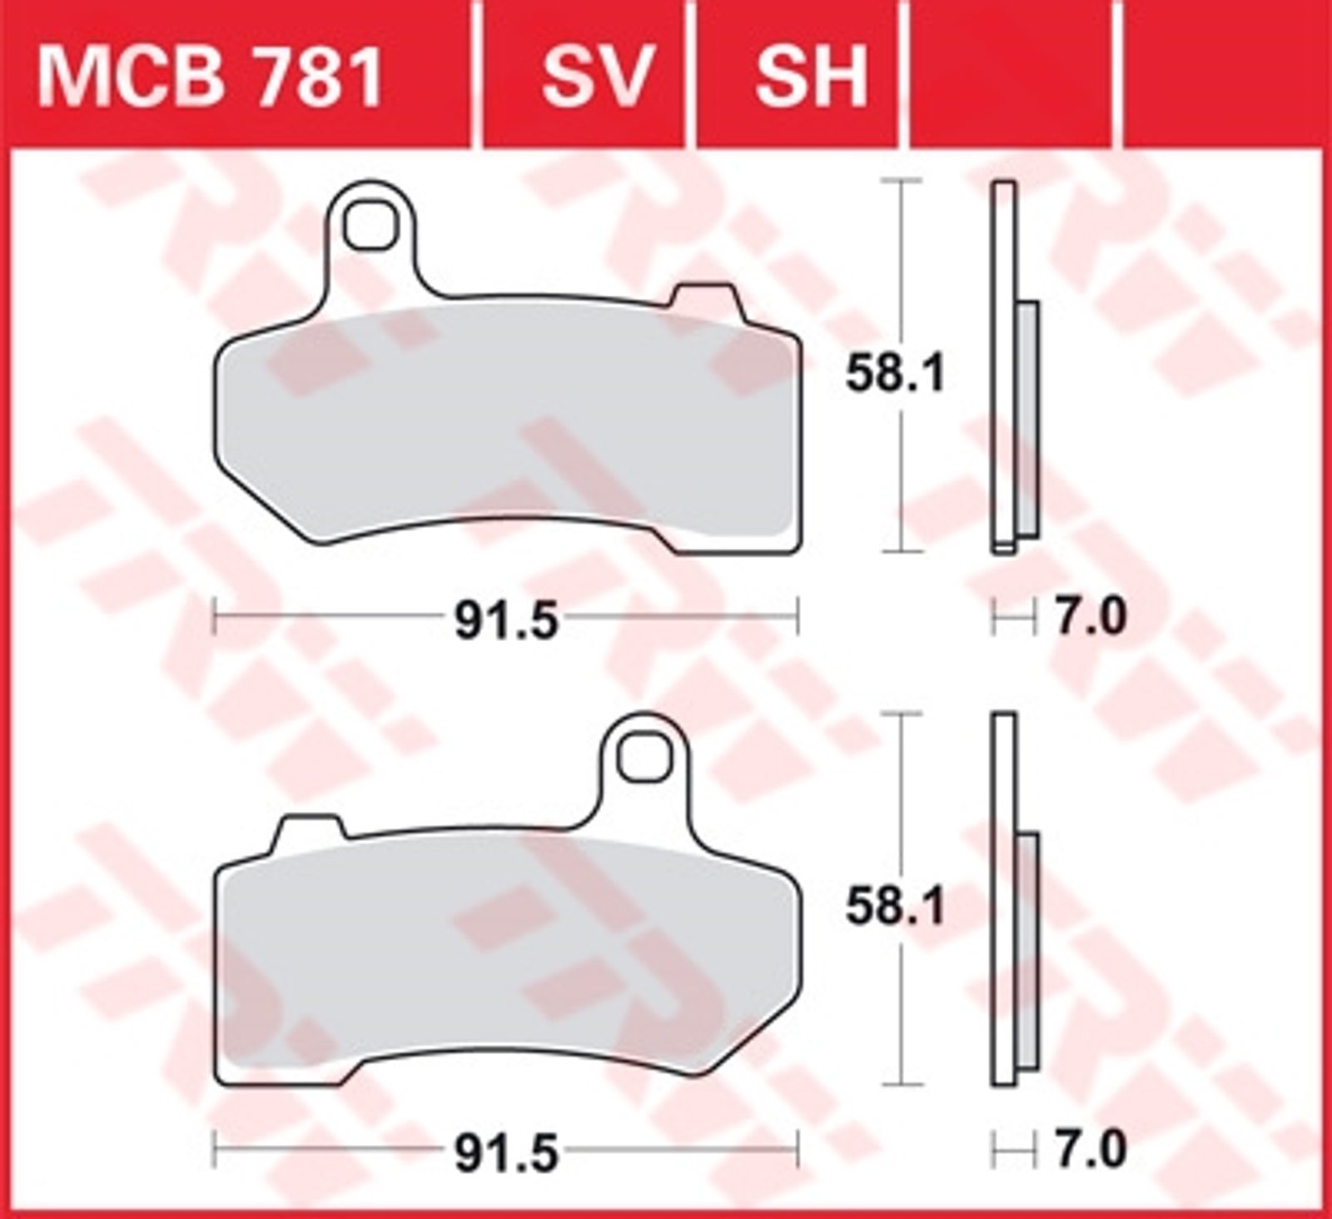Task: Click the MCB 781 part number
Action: [209, 77]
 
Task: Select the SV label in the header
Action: [595, 77]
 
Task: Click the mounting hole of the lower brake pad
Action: [644, 756]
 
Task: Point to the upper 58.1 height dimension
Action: [896, 374]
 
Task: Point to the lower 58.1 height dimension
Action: [896, 907]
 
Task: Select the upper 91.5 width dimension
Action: [506, 620]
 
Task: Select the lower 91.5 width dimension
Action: [506, 1153]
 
